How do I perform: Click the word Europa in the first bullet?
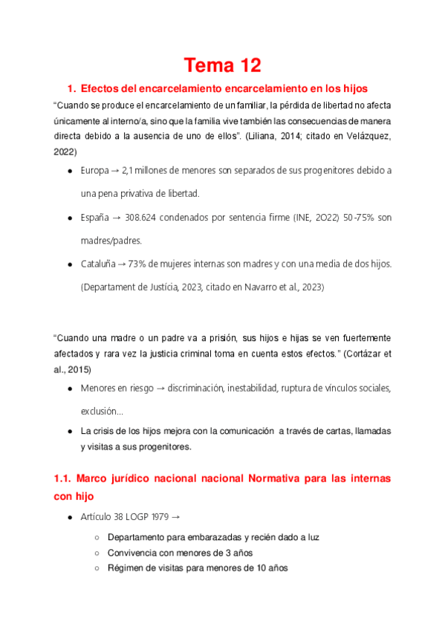[94, 170]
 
